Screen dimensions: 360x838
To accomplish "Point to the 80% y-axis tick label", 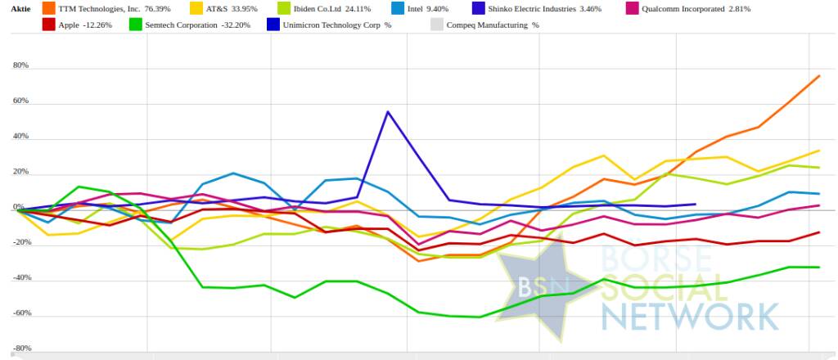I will (20, 65).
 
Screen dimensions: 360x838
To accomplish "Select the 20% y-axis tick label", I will (20, 173).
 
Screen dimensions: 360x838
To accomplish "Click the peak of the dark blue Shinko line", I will (387, 111).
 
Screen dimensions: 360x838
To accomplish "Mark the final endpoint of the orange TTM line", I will (819, 76).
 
